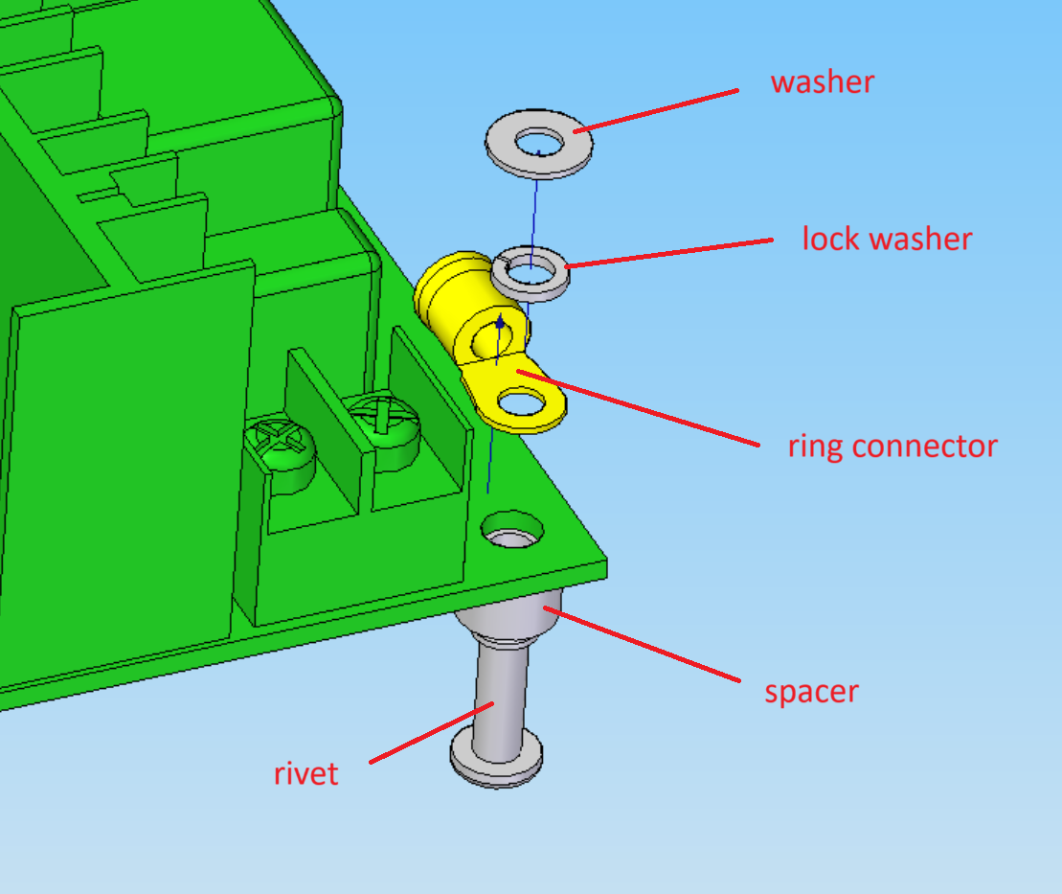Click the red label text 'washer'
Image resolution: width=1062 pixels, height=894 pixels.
823,82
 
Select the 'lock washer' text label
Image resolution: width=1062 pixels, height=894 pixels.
887,239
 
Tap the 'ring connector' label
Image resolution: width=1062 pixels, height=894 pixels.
893,447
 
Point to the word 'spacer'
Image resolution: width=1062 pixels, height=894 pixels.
811,692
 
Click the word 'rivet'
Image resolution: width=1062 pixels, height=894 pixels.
305,773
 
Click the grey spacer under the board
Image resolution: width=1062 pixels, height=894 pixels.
508,620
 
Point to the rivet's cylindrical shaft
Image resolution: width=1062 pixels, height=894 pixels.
501,699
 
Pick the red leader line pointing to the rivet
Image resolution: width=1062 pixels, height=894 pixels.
432,733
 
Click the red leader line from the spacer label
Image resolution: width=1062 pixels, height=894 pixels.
642,644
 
